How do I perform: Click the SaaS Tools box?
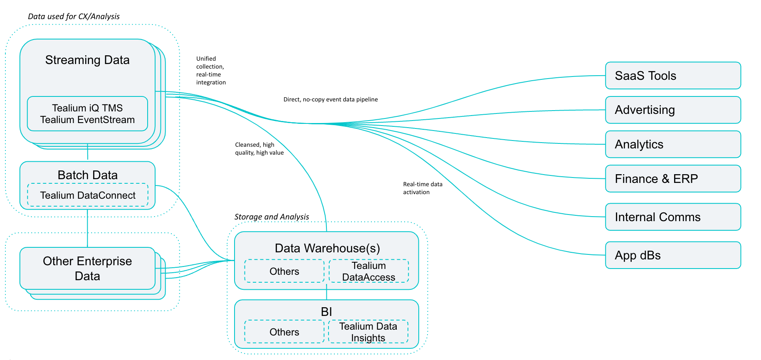click(x=672, y=76)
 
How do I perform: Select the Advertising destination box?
click(x=672, y=110)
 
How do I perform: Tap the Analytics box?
click(x=672, y=144)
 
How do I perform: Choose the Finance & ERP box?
click(x=672, y=179)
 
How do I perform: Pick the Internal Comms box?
click(x=672, y=217)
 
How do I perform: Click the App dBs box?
click(x=672, y=255)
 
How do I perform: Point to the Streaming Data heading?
click(x=87, y=60)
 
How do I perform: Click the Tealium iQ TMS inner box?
click(x=87, y=114)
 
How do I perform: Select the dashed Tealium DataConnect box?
click(x=87, y=195)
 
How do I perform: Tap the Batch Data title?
click(x=87, y=175)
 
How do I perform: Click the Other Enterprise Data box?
click(x=87, y=269)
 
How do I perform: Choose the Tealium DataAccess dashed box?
click(x=368, y=271)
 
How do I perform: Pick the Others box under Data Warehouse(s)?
click(x=284, y=271)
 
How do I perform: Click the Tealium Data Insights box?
click(x=368, y=332)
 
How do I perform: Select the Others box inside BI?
click(x=284, y=332)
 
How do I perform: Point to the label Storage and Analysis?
click(x=272, y=217)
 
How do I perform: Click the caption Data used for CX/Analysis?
click(x=74, y=17)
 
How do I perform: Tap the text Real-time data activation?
click(x=422, y=188)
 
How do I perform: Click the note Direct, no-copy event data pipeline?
click(x=330, y=99)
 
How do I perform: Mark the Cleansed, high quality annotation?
click(x=259, y=149)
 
